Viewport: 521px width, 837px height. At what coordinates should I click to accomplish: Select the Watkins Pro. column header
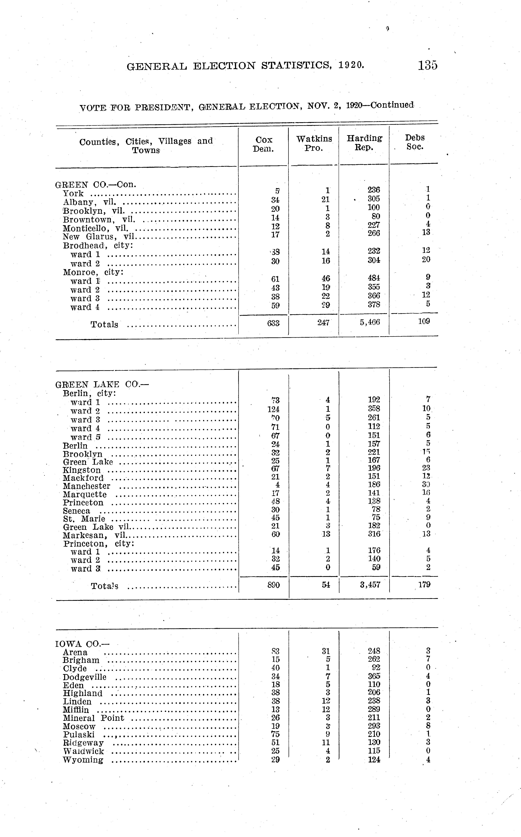[314, 143]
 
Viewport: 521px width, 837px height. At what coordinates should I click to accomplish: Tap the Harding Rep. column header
[364, 143]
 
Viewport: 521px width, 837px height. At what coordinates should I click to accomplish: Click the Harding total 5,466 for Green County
[370, 322]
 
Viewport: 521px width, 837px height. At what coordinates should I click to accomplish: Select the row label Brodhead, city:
[98, 246]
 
